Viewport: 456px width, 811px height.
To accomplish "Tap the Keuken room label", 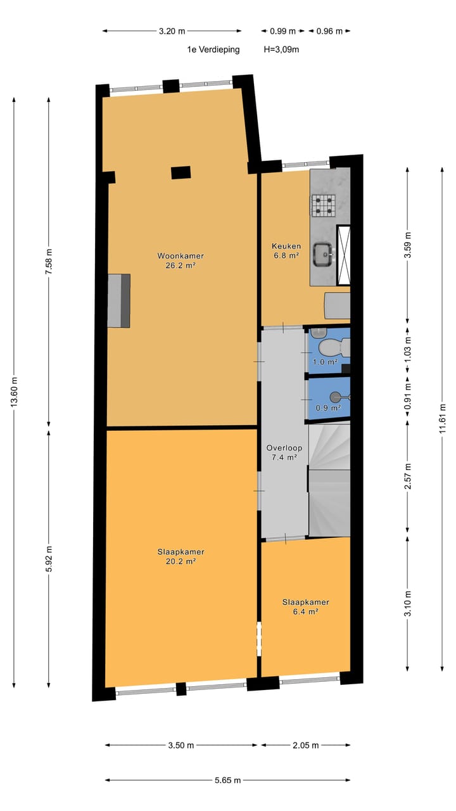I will pos(286,246).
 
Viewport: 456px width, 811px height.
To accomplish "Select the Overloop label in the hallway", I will pos(284,447).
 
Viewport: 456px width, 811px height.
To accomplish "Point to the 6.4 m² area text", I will pos(305,612).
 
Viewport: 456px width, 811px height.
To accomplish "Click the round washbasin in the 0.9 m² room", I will pos(334,397).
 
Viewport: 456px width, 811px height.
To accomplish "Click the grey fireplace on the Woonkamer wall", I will pos(118,300).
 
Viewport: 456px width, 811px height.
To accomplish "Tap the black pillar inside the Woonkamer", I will pos(180,172).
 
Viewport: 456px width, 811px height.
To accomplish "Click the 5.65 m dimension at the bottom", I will pos(227,781).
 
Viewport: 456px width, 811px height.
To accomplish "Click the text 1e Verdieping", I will pos(213,49).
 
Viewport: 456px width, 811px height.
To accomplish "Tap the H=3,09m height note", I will pos(281,49).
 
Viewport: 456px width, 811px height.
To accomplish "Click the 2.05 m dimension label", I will pos(305,746).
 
